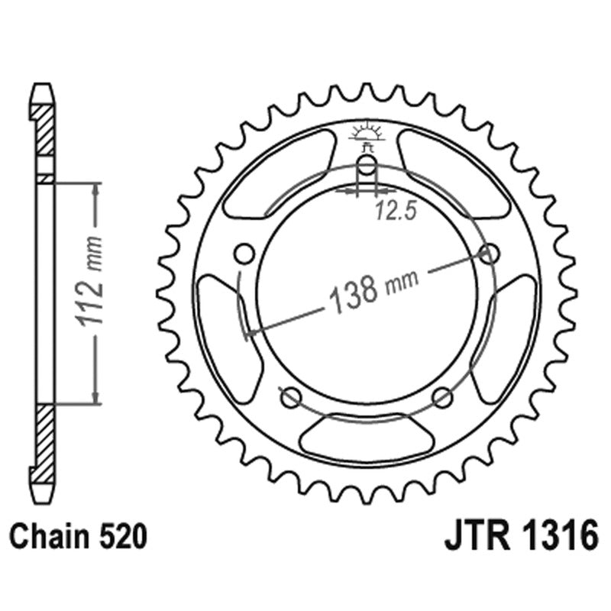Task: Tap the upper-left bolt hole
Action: click(244, 253)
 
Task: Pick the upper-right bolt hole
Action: click(488, 252)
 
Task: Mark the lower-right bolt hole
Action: click(441, 396)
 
